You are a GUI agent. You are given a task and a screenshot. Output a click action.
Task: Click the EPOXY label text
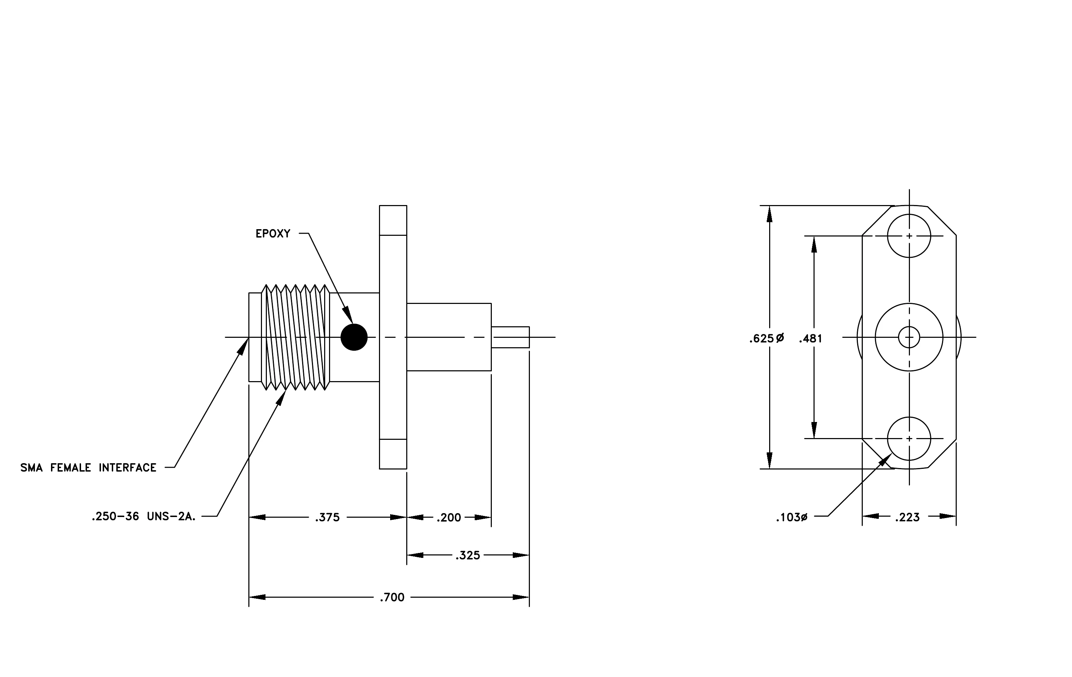point(273,234)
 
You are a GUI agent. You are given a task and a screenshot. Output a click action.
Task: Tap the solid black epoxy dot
point(354,337)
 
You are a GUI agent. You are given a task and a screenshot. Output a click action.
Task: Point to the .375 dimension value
point(328,518)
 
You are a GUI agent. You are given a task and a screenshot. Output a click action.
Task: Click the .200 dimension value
point(449,518)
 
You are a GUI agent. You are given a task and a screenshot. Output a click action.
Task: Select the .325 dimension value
point(468,555)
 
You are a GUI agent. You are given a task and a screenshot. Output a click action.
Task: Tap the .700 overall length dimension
point(392,597)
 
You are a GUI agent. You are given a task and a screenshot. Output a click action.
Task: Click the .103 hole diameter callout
point(792,518)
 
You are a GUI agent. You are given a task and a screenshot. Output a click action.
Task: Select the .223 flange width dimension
point(907,517)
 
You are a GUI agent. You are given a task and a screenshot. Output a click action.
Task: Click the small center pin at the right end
point(510,337)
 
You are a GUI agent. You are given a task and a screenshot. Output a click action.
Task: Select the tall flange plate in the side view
point(393,337)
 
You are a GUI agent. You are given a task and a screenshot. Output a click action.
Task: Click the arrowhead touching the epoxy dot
point(348,315)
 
